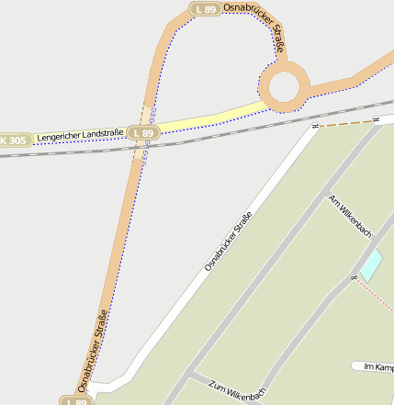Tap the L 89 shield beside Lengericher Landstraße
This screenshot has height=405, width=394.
(x=143, y=133)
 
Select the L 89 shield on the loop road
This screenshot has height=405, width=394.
(x=205, y=8)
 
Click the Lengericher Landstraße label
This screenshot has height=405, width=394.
(x=81, y=135)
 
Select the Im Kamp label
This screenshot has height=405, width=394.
(x=378, y=367)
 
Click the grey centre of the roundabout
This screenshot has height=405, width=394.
(x=284, y=87)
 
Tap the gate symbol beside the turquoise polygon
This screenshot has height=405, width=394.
(x=354, y=276)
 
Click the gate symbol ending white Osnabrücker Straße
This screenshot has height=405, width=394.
(x=315, y=126)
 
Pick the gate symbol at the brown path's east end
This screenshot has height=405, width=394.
(x=376, y=119)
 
